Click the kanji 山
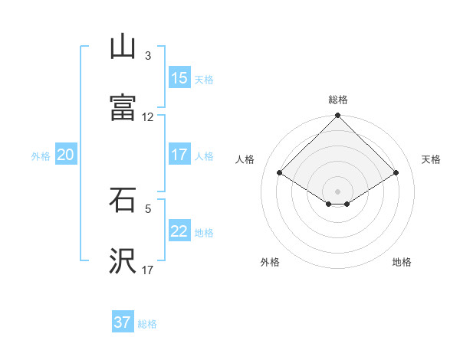[x=123, y=47]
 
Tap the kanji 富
[x=123, y=108]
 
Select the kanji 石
[x=123, y=200]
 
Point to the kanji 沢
[x=123, y=261]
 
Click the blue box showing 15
[x=179, y=78]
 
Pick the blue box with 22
[x=179, y=231]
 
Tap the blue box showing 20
[x=65, y=155]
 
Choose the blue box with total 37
[x=123, y=322]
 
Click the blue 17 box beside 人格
[x=179, y=155]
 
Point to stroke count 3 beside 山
[x=148, y=56]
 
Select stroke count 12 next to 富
[x=148, y=117]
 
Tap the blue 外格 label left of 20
[x=41, y=155]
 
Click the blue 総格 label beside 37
[x=147, y=324]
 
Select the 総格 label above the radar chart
[x=338, y=100]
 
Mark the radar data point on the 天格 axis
[x=396, y=173]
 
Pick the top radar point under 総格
[x=338, y=116]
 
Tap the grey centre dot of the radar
[x=338, y=191]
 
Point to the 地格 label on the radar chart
[x=402, y=262]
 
